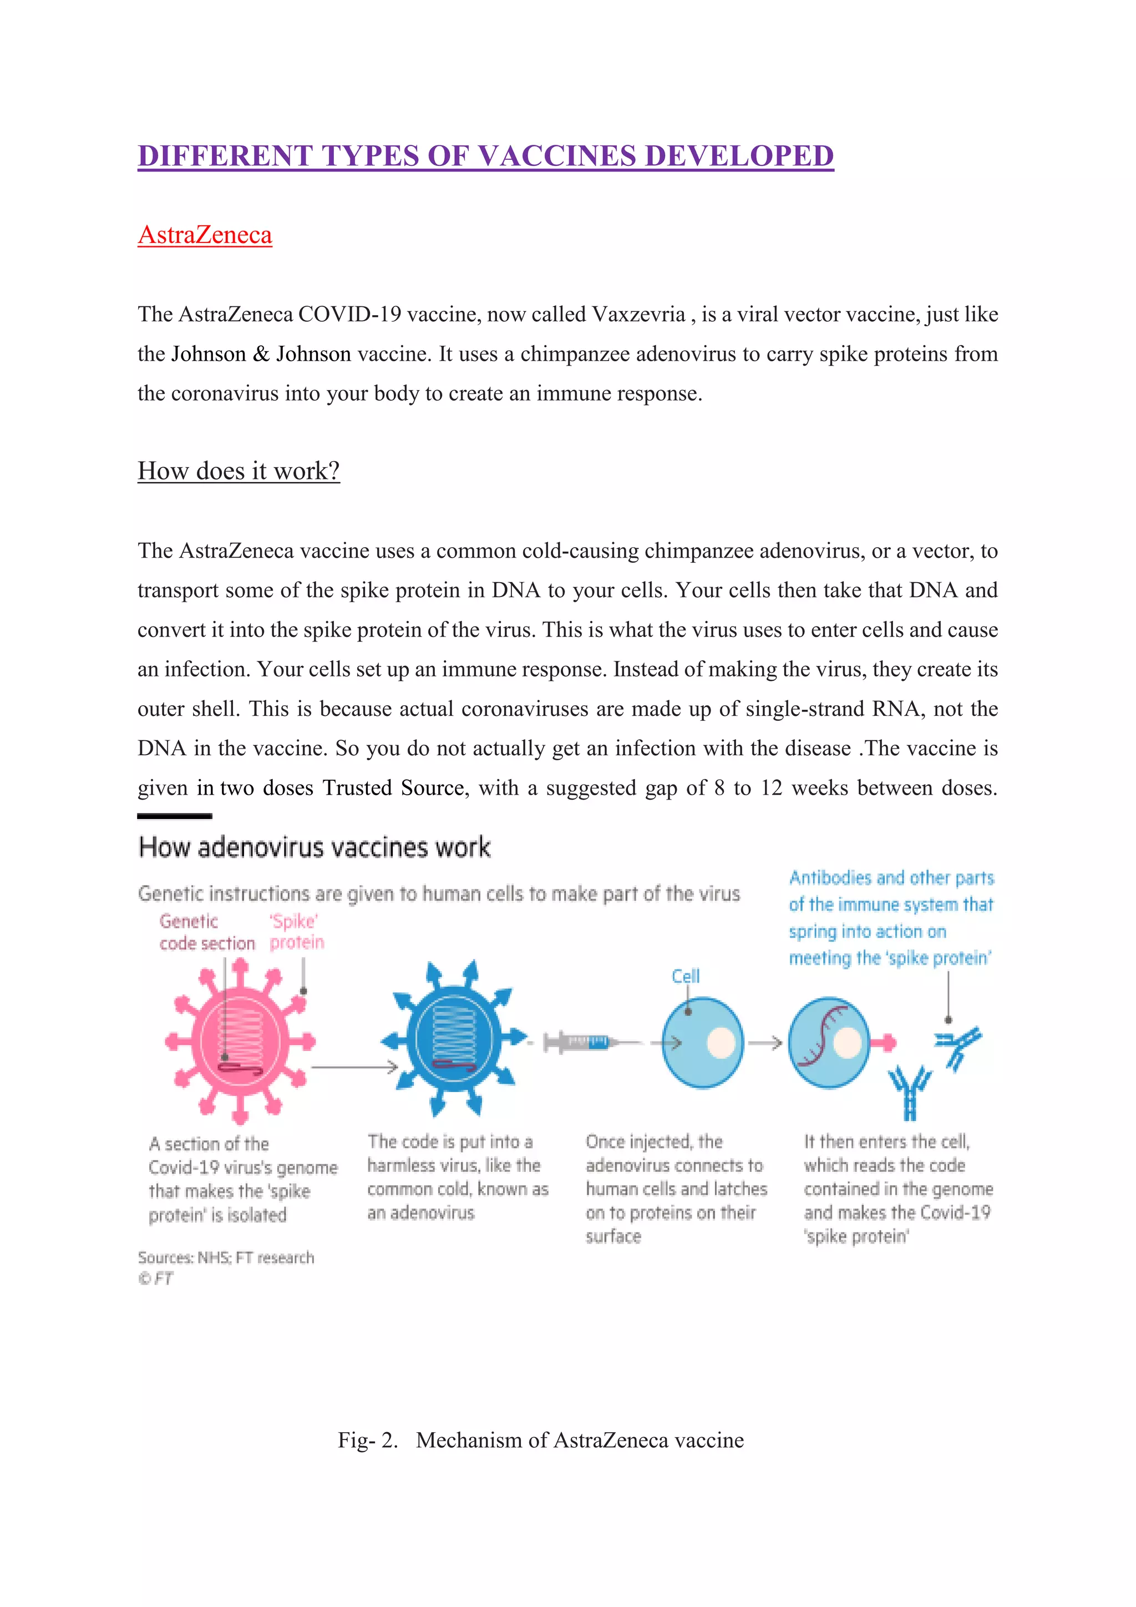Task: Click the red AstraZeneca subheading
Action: [204, 235]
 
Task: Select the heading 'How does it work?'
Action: [238, 471]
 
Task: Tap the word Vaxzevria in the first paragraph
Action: [638, 314]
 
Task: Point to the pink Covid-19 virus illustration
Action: [240, 1042]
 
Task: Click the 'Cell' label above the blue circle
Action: [685, 977]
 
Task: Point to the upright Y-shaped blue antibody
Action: [909, 1092]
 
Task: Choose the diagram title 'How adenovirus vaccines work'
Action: [314, 847]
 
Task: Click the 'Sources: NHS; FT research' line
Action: [226, 1258]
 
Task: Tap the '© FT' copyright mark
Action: [155, 1278]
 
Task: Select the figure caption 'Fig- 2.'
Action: [367, 1441]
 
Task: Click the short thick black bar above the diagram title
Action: [174, 816]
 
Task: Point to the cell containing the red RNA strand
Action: [829, 1042]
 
